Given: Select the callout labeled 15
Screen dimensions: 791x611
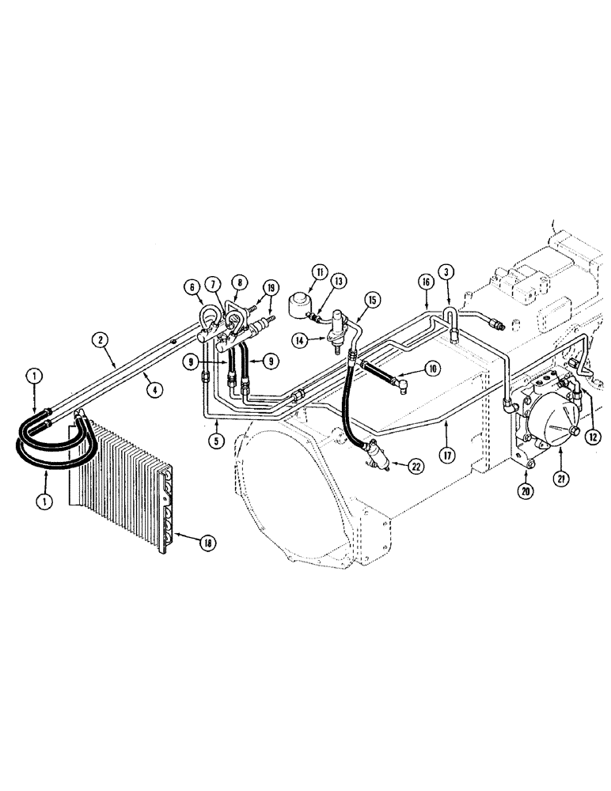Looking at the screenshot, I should [371, 299].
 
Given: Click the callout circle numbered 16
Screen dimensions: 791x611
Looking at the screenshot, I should [424, 281].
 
